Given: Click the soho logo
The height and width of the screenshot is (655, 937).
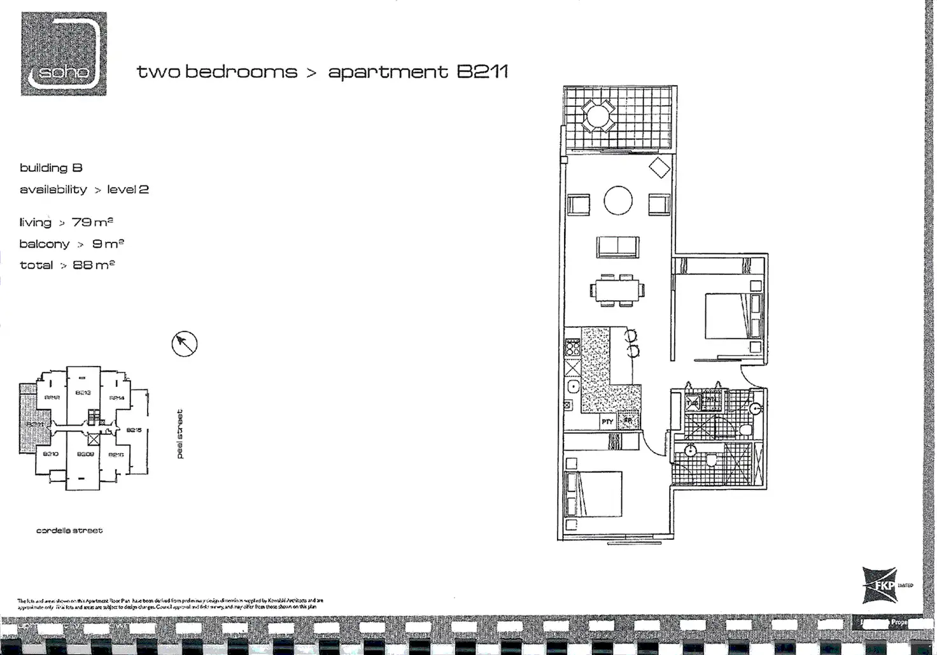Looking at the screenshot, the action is point(64,54).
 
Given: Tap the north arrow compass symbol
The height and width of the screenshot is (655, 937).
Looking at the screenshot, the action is point(185,344).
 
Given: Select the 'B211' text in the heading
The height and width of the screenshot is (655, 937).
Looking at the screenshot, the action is point(483,71).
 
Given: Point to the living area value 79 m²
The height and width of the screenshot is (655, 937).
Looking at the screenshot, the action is point(92,222).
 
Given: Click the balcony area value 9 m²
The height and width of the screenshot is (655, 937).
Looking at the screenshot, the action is point(108,244).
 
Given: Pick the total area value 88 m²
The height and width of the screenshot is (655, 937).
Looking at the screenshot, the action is point(94,265).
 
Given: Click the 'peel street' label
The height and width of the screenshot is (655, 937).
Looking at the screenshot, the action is point(180,433).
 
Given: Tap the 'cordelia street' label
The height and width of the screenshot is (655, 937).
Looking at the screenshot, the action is point(69,530).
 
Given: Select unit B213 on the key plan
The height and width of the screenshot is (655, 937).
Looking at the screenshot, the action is point(83,393).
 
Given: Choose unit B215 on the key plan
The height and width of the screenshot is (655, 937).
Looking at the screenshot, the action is point(134,430).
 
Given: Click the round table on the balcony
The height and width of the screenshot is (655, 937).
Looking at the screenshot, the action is point(598,116).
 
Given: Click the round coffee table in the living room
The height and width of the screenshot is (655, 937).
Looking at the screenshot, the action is point(617,201).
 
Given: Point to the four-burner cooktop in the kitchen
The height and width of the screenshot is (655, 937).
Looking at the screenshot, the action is point(572,348).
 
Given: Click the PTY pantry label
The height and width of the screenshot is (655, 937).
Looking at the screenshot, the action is point(607,421).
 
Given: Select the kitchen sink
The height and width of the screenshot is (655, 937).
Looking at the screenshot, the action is point(573,386).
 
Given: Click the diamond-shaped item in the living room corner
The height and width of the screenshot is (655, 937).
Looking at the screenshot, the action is point(659,168).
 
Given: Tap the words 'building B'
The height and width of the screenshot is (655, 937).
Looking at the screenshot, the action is point(51,168).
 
